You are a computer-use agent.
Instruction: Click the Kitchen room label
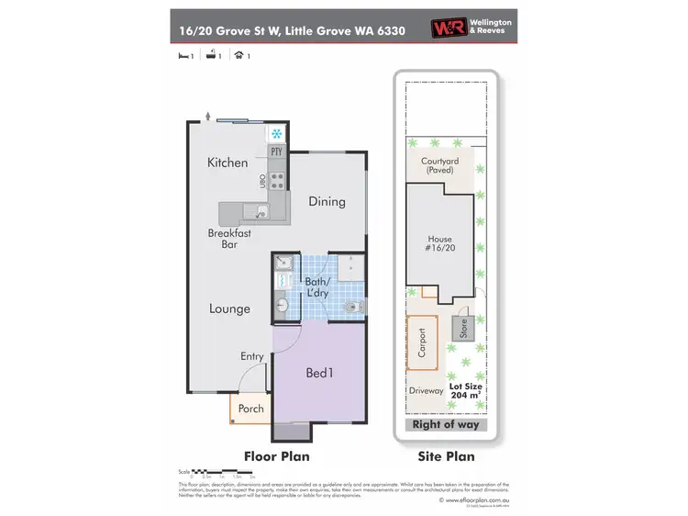coord(227,163)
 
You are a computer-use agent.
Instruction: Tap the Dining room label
coord(327,202)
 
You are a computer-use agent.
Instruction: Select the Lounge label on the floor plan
coord(228,309)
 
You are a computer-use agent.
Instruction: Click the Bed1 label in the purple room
coord(319,373)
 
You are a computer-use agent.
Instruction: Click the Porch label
coord(250,409)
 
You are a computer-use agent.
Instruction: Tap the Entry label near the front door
coord(252,356)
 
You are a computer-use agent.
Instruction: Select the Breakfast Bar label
coord(229,240)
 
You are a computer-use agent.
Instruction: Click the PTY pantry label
coord(275,151)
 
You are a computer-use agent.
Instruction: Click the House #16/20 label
coord(440,245)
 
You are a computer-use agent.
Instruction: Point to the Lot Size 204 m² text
coord(465,392)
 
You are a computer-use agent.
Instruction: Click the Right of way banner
coord(445,424)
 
